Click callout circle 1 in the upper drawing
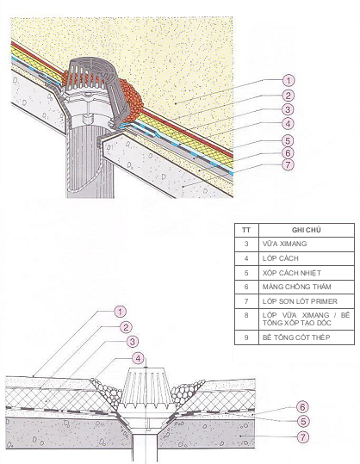tap(289, 80)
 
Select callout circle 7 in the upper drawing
tap(289, 164)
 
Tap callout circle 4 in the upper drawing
tap(289, 124)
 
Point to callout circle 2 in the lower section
tap(126, 327)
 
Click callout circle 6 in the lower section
tap(302, 407)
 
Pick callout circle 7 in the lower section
tap(302, 436)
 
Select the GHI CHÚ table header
tap(306, 230)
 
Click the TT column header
tap(246, 230)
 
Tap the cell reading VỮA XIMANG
tap(284, 244)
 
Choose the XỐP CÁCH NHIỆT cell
tap(292, 273)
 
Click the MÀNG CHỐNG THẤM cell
tap(296, 287)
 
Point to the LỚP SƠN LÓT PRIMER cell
tap(300, 301)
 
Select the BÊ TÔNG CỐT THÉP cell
tap(296, 337)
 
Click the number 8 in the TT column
tap(246, 315)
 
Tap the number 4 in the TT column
tap(246, 258)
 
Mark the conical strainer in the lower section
tap(146, 387)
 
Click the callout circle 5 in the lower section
tap(303, 422)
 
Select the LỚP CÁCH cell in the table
tap(281, 258)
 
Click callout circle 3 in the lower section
tap(133, 342)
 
